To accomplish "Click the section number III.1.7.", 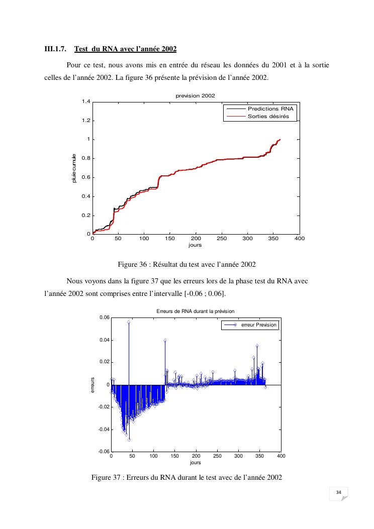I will (x=55, y=49).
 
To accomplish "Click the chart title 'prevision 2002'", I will (x=195, y=95).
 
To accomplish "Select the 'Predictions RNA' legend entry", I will (x=271, y=109).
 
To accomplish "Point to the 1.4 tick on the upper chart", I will (x=85, y=102).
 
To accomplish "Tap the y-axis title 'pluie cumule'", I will (x=74, y=168).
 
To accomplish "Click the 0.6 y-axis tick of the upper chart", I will (x=85, y=178).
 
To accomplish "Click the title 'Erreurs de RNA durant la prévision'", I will (x=196, y=311).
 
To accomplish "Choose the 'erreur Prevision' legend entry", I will (x=259, y=325).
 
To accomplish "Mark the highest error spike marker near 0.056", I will (x=129, y=322).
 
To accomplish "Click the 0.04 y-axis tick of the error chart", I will (x=104, y=340).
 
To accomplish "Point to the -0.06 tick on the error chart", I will (x=103, y=452).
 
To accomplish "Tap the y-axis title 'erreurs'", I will (x=92, y=384).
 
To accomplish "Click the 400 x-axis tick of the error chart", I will (x=281, y=456).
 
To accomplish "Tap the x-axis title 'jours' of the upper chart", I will (x=195, y=245).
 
